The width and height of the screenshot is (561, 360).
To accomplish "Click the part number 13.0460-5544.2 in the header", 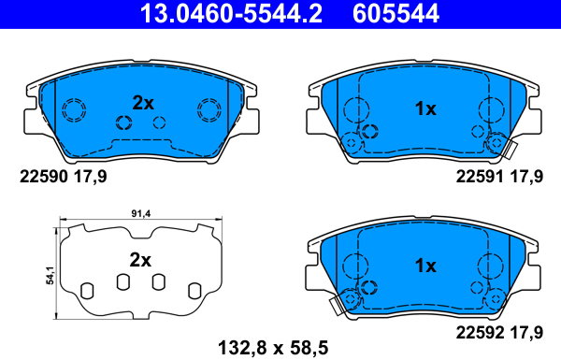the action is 231,13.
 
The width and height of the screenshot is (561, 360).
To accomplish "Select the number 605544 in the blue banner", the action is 396,13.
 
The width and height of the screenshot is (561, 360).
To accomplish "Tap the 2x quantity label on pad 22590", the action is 143,103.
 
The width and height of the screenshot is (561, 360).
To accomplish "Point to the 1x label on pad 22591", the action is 425,108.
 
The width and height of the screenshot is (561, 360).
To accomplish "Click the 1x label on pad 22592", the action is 425,266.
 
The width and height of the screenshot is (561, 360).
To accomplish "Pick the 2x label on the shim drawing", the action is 140,260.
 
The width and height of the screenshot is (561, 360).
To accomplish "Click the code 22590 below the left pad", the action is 44,177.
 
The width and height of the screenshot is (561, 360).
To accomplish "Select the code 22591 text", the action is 480,177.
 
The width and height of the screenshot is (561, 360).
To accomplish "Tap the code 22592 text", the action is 480,333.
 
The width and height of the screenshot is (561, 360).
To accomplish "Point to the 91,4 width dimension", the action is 141,213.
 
